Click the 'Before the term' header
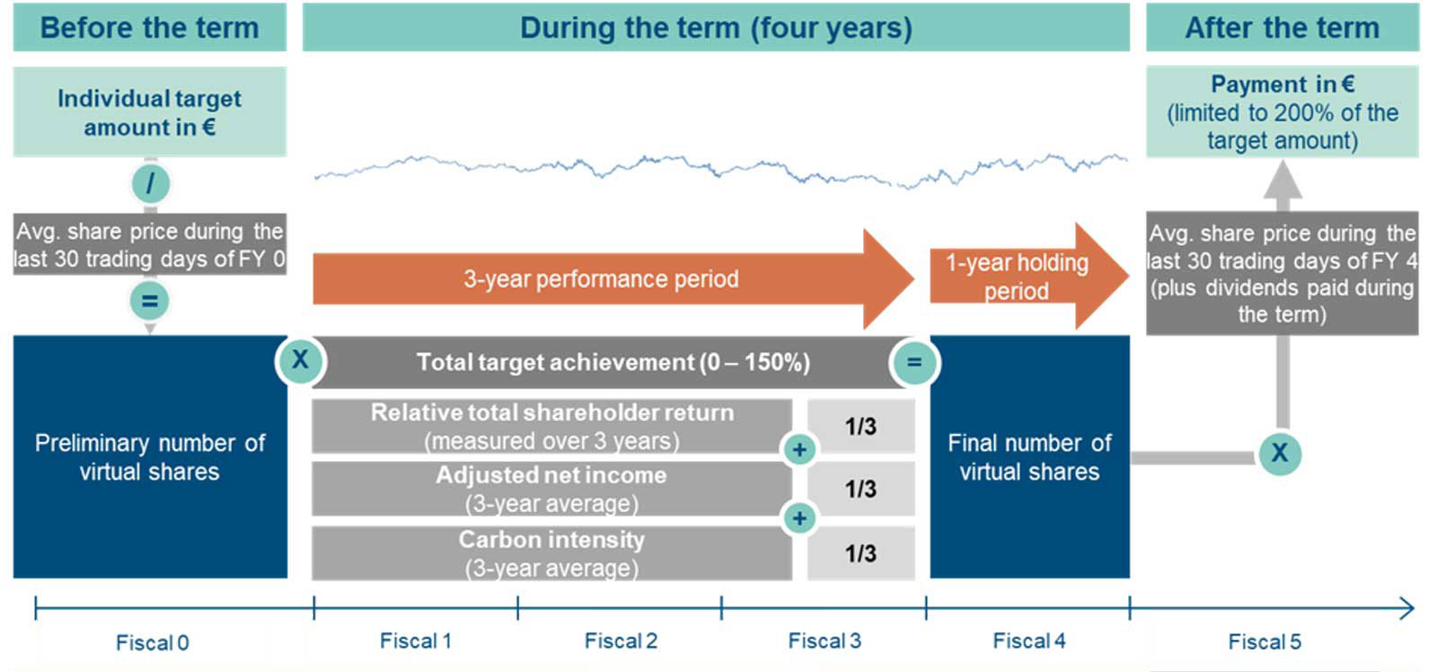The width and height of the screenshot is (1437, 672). pos(149,27)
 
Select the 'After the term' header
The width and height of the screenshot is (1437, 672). pos(1282,27)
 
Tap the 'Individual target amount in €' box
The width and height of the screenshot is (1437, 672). pos(149,112)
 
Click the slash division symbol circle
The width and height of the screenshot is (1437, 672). pos(150,184)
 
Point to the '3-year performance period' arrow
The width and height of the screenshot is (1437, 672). pos(601,279)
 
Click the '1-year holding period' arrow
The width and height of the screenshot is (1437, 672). pos(1017,276)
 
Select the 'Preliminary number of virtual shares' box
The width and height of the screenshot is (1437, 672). pos(149,457)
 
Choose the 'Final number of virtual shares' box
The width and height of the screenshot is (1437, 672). pos(1029,457)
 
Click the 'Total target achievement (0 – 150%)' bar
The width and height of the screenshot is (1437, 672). pos(613,362)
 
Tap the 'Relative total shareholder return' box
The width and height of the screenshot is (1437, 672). pos(551,426)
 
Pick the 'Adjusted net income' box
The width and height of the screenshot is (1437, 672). pos(551,489)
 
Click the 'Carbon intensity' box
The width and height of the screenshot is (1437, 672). pos(551,553)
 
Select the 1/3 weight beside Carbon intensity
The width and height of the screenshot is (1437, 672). pos(860,553)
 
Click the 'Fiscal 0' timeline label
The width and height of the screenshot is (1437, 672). pos(152,642)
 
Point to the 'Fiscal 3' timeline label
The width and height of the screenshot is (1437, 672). pos(824,641)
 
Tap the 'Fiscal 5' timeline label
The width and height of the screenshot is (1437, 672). pos(1264,641)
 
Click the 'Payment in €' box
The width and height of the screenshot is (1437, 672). pos(1282,112)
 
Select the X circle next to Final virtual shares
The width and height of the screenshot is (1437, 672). pos(1279,453)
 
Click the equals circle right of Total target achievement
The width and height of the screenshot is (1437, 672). pos(913,363)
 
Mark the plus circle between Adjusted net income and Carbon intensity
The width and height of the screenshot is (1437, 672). pos(799,518)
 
